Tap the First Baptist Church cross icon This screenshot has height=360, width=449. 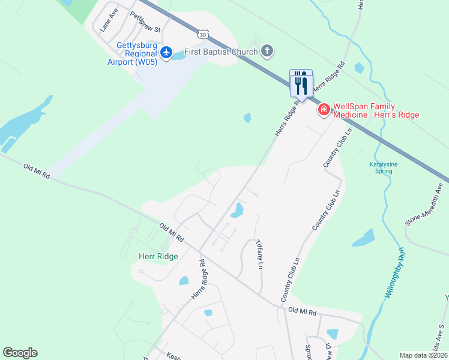[x=267, y=52]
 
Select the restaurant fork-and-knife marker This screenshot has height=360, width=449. [x=301, y=83]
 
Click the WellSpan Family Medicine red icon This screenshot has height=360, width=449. [x=324, y=109]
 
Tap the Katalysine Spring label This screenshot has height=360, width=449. [x=381, y=167]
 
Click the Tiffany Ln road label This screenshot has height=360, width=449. [x=260, y=254]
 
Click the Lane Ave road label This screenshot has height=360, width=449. [x=109, y=20]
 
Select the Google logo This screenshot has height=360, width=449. [x=20, y=353]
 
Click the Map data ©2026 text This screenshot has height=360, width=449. [x=423, y=355]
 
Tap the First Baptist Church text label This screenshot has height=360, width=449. [x=221, y=52]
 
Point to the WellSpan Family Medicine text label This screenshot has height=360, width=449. [x=376, y=110]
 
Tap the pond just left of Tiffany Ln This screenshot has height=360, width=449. [x=237, y=210]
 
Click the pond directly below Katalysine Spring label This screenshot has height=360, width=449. [x=364, y=239]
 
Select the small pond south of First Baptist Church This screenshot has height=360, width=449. [x=247, y=118]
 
